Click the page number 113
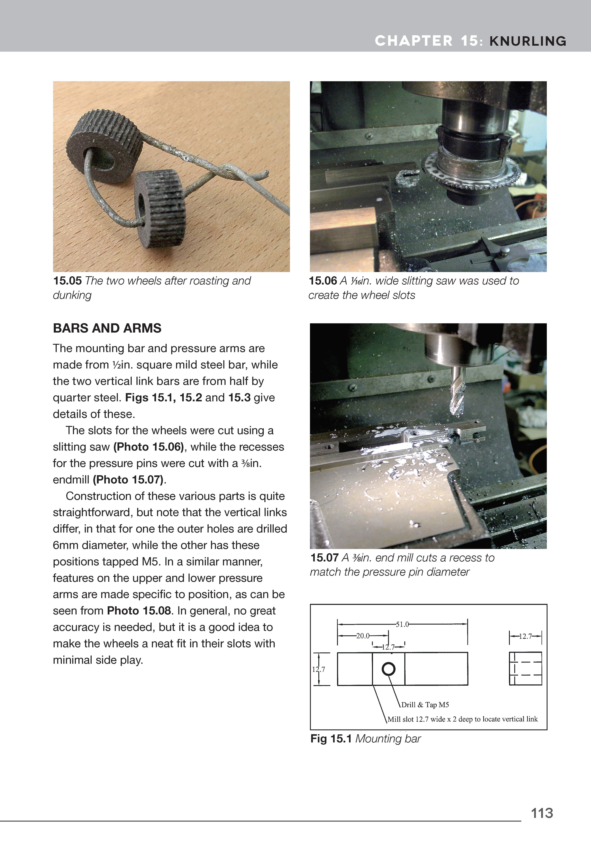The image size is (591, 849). pos(542,813)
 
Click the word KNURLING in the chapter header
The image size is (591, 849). pos(528,41)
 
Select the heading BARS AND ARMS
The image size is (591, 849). pos(107,328)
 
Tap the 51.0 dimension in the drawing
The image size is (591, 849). pos(402,624)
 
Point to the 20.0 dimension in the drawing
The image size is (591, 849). pos(363,636)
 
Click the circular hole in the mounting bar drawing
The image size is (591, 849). pos(388,669)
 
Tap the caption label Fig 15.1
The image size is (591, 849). pos(330,739)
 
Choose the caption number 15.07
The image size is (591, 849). pos(324,558)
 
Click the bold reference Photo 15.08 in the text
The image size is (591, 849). pos(139,610)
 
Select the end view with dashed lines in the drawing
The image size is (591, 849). pos(525,669)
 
